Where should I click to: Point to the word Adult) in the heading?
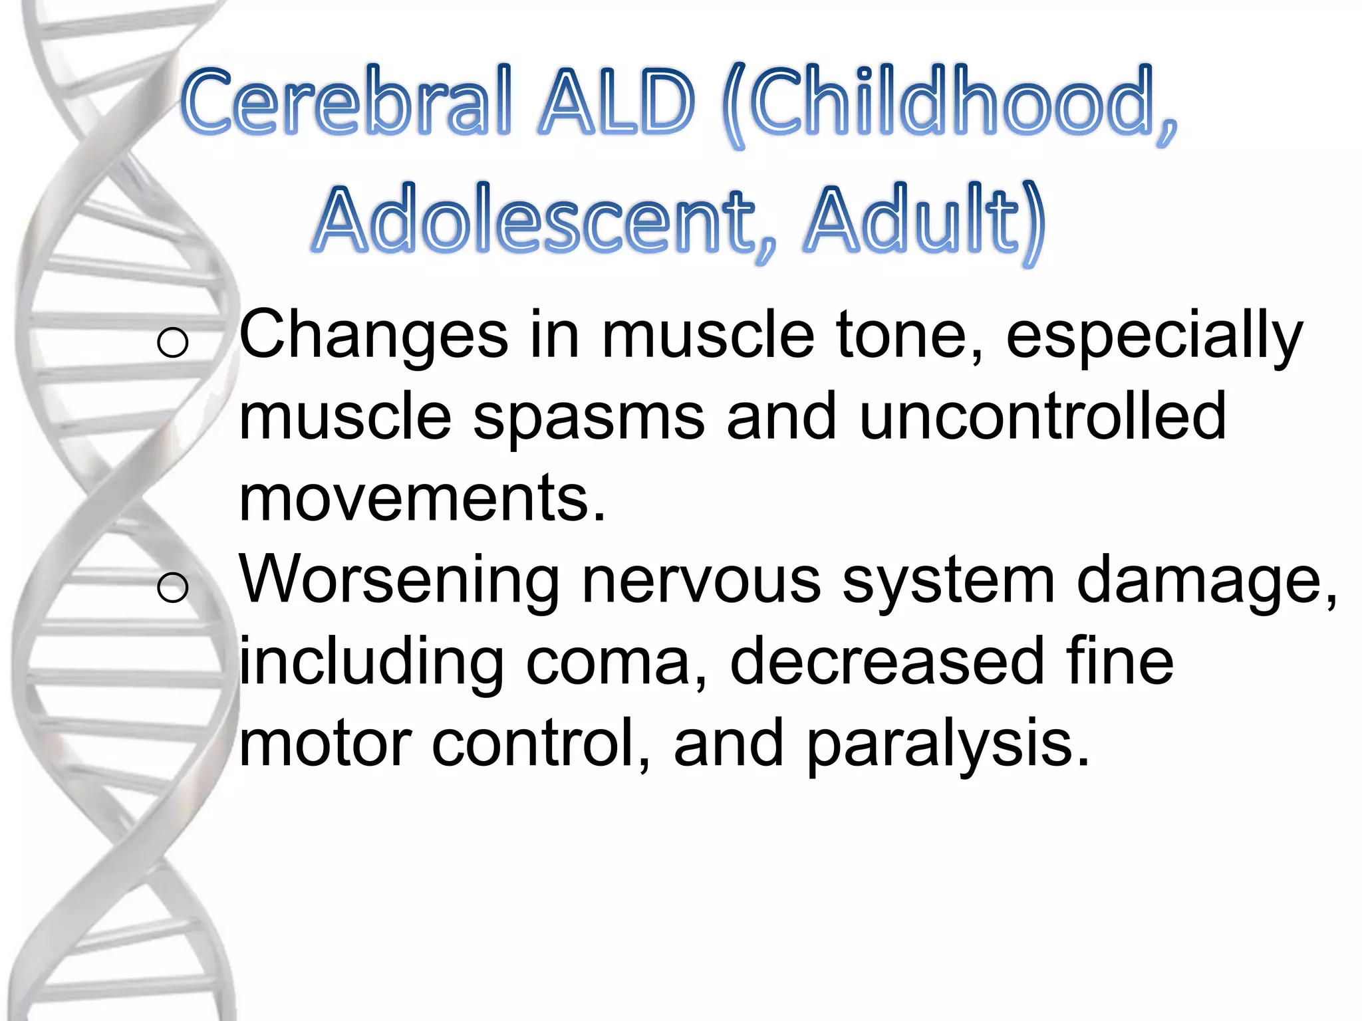924,223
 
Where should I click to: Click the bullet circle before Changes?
173,343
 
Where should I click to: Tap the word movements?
422,499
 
